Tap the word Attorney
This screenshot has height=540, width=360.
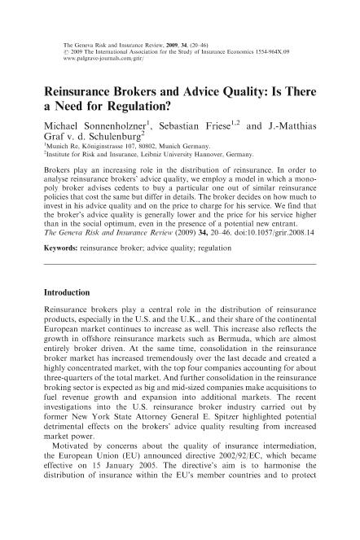(x=160, y=441)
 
